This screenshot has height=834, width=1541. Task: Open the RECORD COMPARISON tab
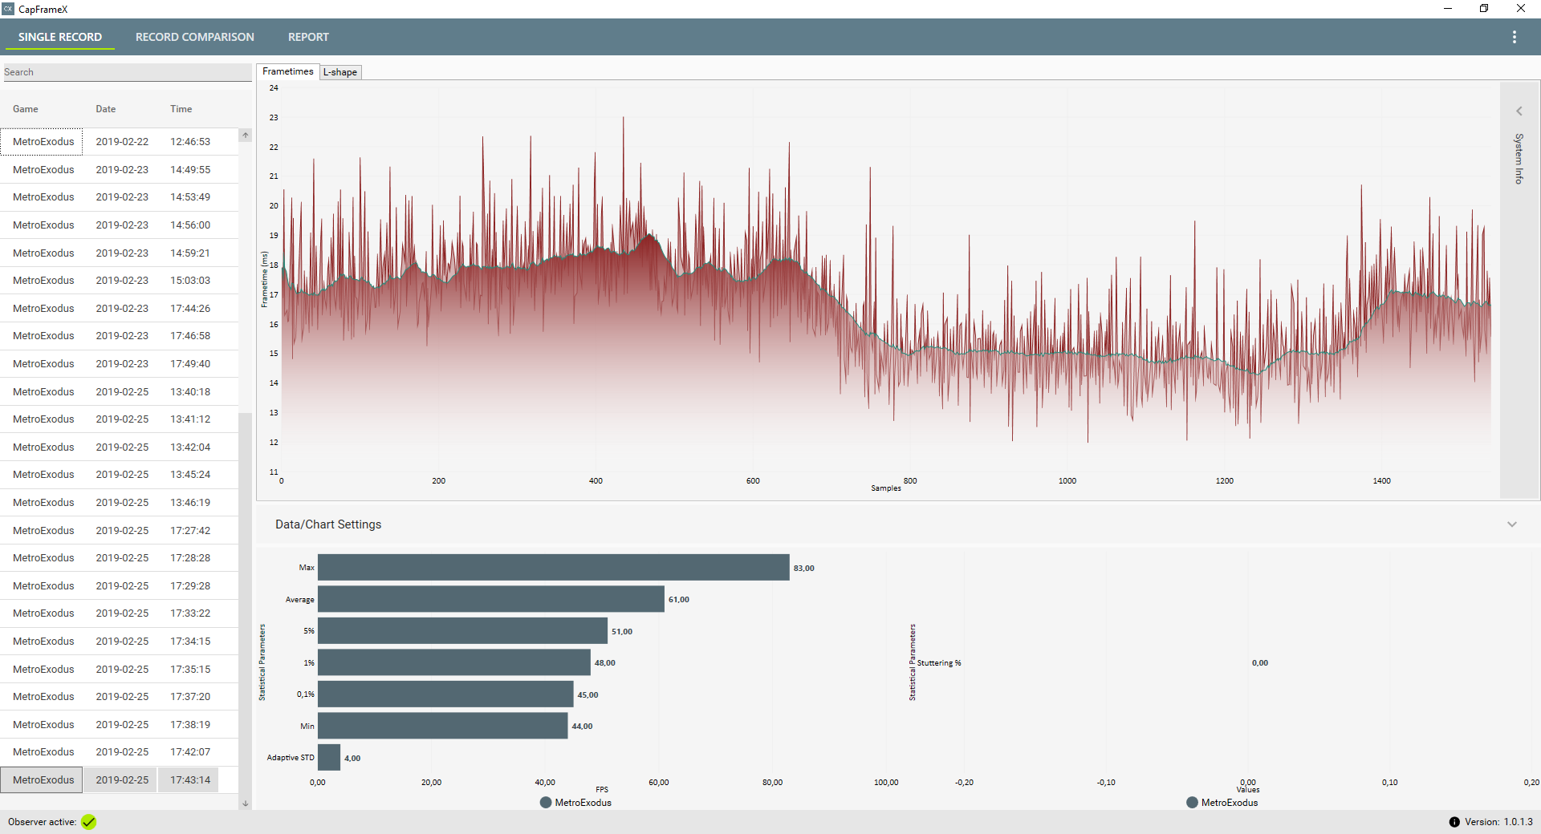194,37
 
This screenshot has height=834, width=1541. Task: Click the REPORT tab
308,37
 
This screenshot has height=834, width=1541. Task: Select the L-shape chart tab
340,72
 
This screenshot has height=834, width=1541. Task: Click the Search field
127,72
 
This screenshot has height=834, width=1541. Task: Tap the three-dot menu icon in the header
1514,37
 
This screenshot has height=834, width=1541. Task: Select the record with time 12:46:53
190,142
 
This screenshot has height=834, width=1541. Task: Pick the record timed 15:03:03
190,281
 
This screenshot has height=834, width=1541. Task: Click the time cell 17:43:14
190,780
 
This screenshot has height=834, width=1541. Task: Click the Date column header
106,109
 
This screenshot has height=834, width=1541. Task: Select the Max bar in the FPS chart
553,568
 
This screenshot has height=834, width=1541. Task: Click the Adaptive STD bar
329,758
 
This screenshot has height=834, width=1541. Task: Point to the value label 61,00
679,600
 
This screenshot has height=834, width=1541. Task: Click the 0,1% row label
306,694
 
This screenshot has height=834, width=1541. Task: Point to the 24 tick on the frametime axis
274,88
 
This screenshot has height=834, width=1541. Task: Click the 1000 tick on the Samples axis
1067,481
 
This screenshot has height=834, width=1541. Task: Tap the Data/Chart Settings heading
328,524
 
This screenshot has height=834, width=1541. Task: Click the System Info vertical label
1519,159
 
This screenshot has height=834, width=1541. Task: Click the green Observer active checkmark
88,822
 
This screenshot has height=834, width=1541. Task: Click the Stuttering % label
939,663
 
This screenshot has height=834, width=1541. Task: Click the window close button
1520,9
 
